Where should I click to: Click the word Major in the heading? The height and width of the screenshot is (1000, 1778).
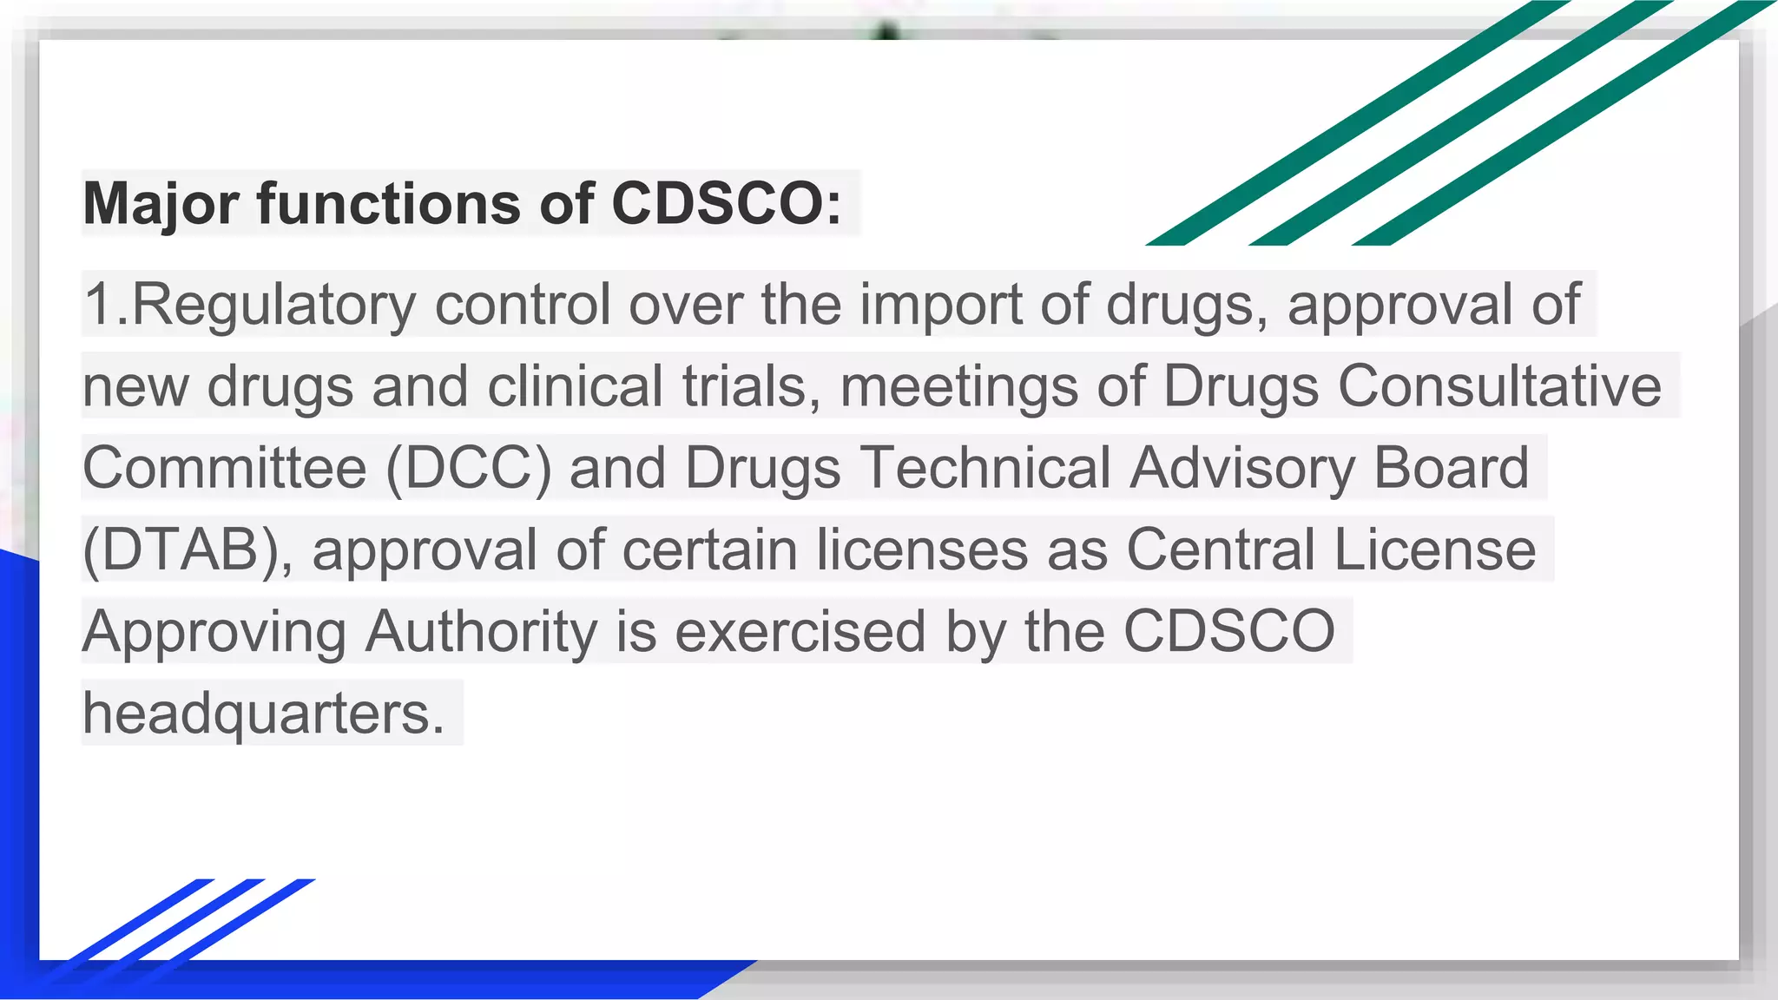click(x=161, y=204)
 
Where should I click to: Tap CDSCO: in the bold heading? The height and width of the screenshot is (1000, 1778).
click(x=726, y=204)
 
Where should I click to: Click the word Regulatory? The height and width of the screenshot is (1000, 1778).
click(x=274, y=306)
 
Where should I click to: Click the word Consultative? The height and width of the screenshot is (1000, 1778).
click(x=1498, y=386)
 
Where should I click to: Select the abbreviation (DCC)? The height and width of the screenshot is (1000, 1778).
click(x=469, y=469)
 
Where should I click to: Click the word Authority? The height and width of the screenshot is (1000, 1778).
click(x=481, y=632)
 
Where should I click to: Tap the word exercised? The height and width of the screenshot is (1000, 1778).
click(x=800, y=632)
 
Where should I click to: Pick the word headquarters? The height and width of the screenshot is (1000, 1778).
click(x=263, y=714)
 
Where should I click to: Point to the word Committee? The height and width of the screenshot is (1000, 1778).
click(x=224, y=469)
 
